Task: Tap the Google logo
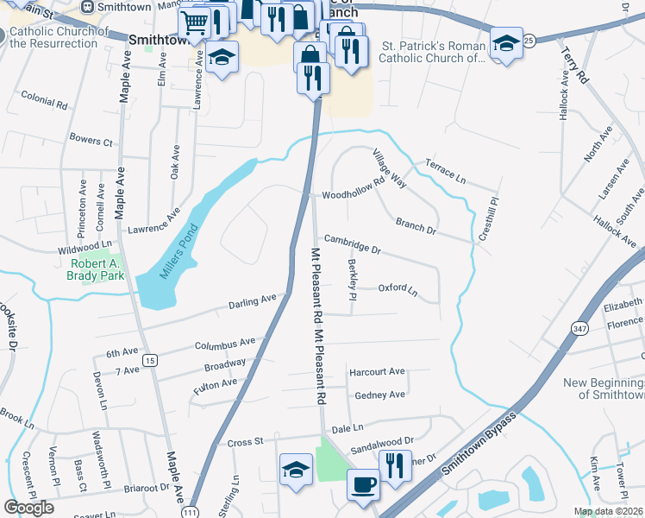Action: coord(28,508)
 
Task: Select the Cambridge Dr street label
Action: coord(352,244)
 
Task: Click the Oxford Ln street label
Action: coord(398,289)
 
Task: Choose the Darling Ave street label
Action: coord(253,301)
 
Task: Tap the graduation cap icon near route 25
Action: coord(506,42)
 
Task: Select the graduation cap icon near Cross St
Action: coord(296,469)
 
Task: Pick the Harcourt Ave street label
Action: coord(376,372)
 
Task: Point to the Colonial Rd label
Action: coord(44,101)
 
